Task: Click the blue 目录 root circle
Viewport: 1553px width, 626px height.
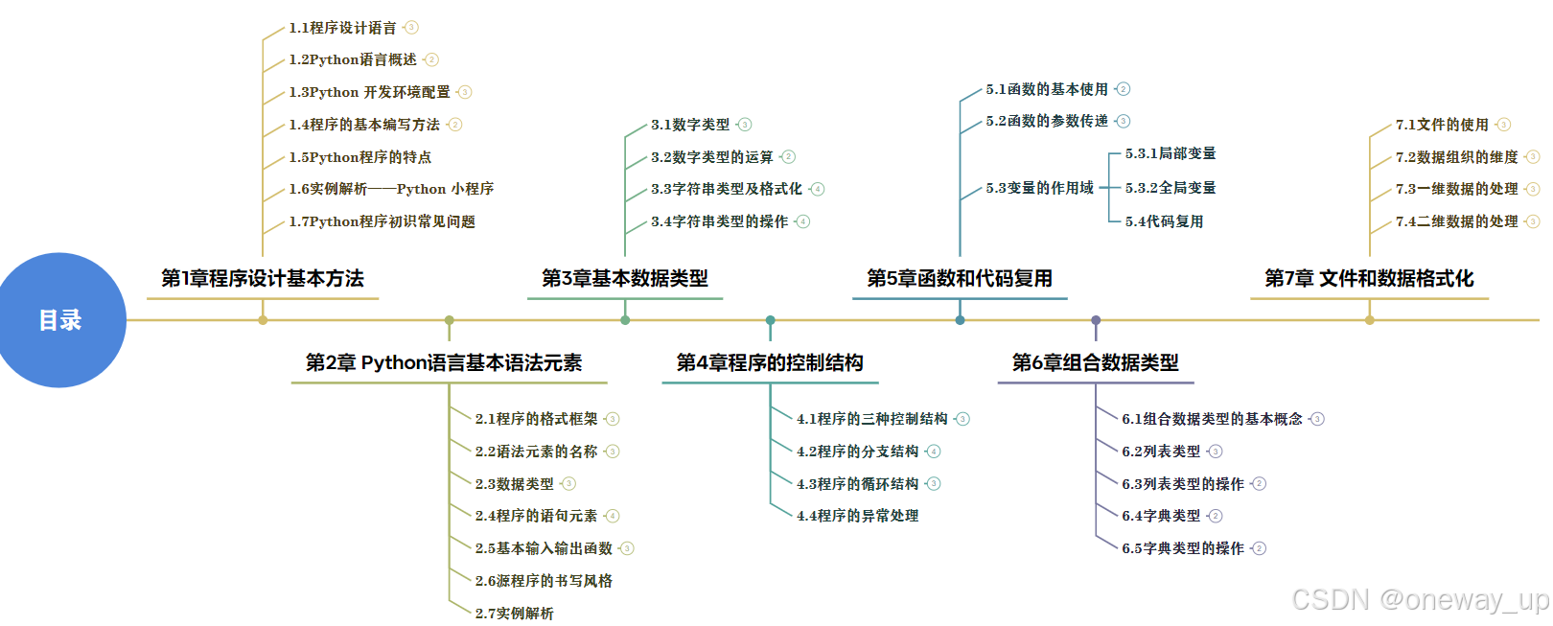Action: point(59,320)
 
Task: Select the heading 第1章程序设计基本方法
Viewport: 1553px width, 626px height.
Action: point(263,279)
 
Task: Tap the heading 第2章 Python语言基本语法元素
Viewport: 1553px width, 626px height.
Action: point(444,363)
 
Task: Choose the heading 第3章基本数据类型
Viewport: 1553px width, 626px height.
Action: point(625,279)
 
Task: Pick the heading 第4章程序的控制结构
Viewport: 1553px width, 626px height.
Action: point(770,363)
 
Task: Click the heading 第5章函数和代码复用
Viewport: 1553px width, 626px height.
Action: point(960,279)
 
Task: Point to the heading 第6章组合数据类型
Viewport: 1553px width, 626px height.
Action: point(1096,363)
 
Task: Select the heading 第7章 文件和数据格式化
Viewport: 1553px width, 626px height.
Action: point(1369,279)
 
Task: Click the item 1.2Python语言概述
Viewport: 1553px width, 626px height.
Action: point(353,59)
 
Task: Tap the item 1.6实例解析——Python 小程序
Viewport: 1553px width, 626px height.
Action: point(391,189)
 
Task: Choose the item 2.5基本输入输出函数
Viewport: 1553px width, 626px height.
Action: point(544,548)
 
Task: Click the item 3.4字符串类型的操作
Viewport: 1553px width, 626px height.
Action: point(719,221)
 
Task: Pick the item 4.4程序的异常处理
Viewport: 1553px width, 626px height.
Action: point(857,516)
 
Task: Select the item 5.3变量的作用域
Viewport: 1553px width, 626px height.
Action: point(1039,188)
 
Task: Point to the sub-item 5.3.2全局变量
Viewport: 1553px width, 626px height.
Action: point(1170,188)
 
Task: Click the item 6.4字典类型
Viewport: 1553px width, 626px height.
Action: point(1161,516)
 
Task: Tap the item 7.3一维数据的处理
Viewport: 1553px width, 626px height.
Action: point(1456,189)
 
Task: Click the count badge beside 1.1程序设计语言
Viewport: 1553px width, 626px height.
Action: point(411,28)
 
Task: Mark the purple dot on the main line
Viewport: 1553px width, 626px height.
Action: point(1096,320)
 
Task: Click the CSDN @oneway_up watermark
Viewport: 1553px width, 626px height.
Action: point(1420,600)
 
